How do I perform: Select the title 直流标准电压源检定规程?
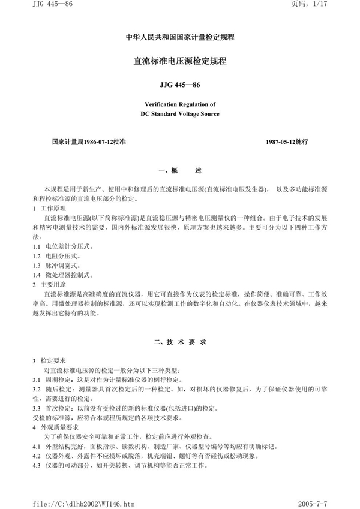(179, 61)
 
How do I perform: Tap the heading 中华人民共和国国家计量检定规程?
(179, 37)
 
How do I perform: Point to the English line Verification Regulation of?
(179, 104)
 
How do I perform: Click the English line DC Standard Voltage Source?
(179, 113)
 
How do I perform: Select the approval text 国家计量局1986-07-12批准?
(88, 143)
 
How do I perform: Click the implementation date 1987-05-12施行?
(286, 143)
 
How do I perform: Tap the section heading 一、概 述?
(179, 171)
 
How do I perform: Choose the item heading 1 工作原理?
(52, 207)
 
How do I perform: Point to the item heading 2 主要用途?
(52, 284)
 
